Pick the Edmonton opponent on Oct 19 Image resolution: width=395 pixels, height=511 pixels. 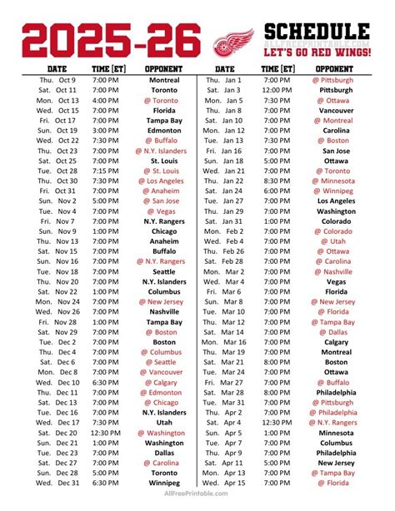pyautogui.click(x=165, y=131)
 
